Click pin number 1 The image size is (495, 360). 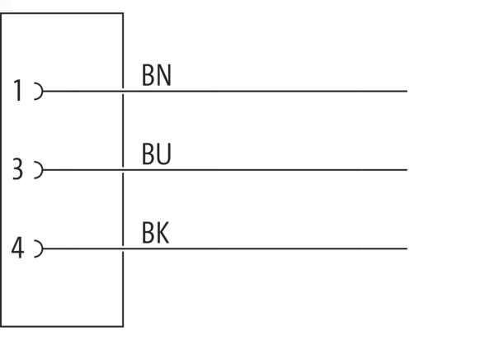coord(18,90)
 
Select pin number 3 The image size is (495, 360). coord(17,169)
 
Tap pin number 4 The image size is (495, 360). coord(17,248)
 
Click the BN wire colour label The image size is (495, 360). coord(157,75)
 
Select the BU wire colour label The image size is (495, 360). coord(157,154)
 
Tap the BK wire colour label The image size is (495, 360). coord(156,233)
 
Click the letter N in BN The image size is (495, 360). coord(164,75)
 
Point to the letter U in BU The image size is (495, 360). coord(164,154)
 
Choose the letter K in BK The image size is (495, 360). coord(163,233)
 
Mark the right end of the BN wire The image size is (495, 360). coord(407,92)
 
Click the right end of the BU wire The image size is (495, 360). coord(407,170)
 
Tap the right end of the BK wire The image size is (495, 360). coord(407,249)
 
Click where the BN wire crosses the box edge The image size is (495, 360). coord(123,92)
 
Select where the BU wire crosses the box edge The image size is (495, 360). coord(123,170)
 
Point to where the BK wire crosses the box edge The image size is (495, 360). coord(123,249)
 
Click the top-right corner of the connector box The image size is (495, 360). coord(123,13)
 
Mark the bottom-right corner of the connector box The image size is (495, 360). coord(123,326)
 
